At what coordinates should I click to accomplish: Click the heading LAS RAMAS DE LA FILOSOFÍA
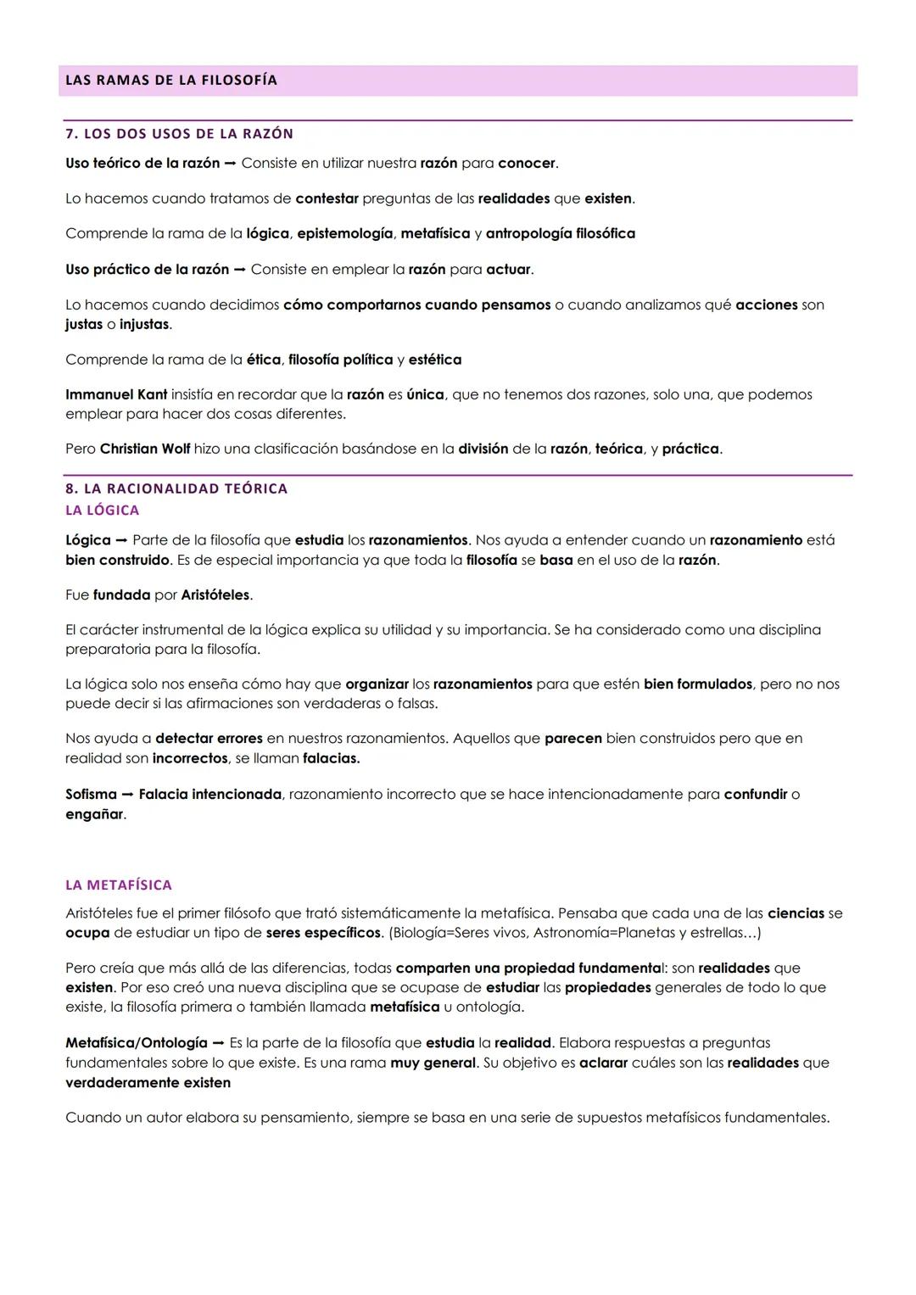171,81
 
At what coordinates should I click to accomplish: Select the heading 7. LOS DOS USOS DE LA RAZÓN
179,134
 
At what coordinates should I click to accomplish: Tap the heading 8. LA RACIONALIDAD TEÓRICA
176,488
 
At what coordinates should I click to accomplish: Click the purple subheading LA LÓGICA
102,511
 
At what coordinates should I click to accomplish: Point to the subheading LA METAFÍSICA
119,885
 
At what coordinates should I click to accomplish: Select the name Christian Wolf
144,449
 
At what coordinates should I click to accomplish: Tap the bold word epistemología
344,233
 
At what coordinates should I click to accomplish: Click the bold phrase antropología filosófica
560,233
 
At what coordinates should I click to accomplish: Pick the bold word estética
434,360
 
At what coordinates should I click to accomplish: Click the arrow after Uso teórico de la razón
230,163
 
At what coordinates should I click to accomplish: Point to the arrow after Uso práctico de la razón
239,270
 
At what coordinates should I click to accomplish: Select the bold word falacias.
331,758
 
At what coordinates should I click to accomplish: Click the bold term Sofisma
91,795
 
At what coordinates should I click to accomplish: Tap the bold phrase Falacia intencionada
209,795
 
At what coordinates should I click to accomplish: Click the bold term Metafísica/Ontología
136,1043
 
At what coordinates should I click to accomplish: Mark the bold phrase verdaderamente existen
148,1083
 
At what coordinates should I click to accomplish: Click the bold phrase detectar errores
209,739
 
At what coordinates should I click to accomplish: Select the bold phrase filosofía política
340,360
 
